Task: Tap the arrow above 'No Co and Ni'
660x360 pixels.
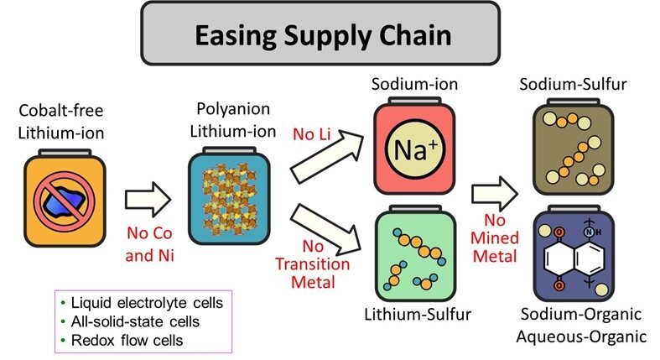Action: click(148, 201)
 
